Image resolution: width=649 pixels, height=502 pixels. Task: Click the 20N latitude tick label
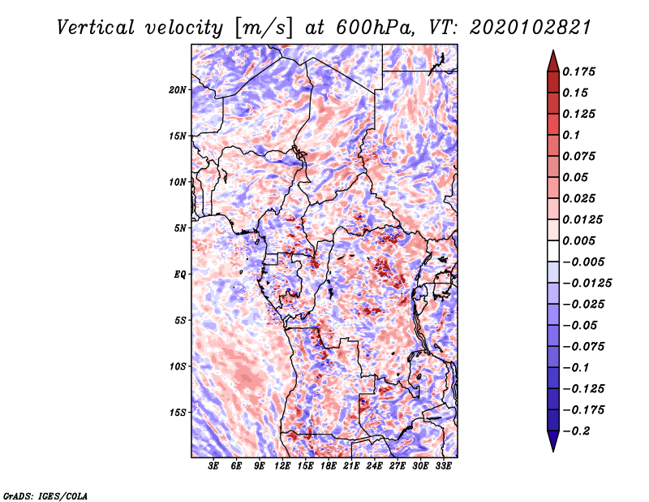(x=178, y=89)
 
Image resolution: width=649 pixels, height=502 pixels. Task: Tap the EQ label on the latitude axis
(x=179, y=275)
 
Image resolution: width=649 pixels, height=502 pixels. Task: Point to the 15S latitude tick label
(x=178, y=413)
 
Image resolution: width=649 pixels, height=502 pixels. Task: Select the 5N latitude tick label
(x=180, y=228)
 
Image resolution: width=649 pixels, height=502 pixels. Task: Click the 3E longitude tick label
(x=214, y=466)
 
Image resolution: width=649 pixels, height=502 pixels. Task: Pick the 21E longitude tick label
(x=351, y=466)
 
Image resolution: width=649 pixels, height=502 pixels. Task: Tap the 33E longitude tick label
(x=443, y=466)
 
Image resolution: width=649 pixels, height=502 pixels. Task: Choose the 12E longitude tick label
(x=282, y=466)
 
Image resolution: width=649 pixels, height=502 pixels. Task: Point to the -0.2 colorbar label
(x=579, y=431)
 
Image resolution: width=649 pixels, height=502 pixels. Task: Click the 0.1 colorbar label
(x=571, y=135)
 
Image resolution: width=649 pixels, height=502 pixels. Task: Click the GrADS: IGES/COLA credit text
(x=45, y=494)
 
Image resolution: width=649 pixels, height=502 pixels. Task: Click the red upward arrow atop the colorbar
(x=552, y=60)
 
